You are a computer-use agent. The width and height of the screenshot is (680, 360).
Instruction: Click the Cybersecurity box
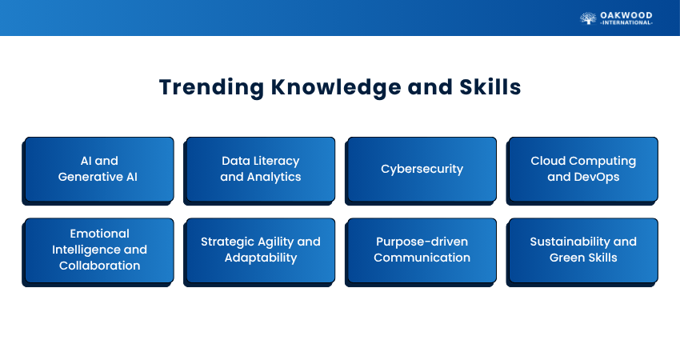pos(422,169)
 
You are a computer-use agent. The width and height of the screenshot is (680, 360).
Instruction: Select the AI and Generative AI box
pos(99,169)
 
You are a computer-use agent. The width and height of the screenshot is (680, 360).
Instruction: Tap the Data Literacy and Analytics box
pos(261,169)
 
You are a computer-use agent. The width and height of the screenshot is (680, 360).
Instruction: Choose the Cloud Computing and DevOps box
pos(583,169)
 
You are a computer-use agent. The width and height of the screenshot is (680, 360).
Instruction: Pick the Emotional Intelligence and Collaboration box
pos(99,250)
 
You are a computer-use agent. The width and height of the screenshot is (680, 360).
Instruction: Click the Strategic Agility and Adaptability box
pos(261,250)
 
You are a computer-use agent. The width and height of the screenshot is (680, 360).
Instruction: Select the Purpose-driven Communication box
pos(422,250)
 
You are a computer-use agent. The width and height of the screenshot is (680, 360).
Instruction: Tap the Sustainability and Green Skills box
pos(583,250)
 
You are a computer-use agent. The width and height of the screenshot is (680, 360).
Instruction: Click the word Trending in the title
pos(212,88)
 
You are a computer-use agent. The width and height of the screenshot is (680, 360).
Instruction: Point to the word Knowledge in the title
pos(336,88)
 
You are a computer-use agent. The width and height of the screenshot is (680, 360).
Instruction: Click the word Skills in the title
pos(490,86)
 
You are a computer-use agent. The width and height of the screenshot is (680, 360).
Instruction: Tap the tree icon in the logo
pos(588,18)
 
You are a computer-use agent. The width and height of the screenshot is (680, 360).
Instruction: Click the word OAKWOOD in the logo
pos(626,16)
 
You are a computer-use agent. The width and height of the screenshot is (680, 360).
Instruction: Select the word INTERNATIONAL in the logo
pos(626,22)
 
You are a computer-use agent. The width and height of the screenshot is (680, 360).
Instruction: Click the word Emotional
pos(100,234)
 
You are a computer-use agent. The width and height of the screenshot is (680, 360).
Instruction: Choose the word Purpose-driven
pos(422,242)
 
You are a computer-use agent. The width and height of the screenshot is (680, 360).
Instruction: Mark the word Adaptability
pos(261,258)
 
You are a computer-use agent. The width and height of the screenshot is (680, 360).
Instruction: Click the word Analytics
pos(274,178)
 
